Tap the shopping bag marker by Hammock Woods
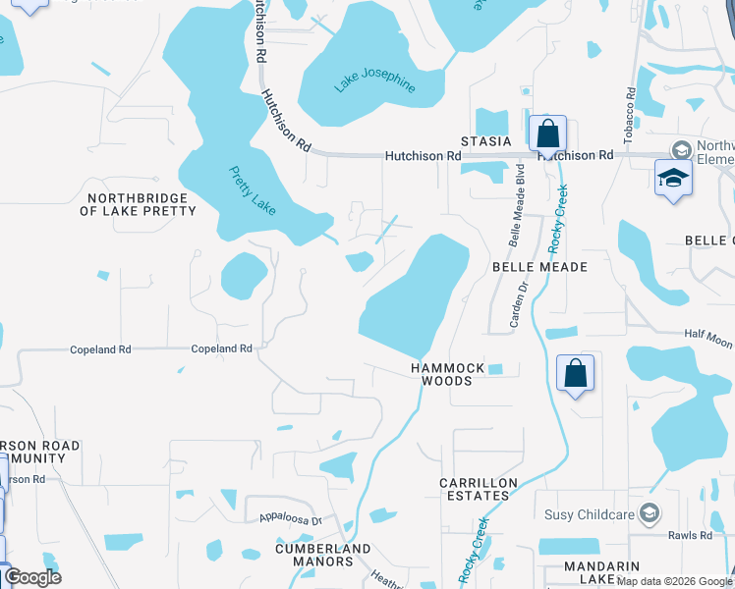(x=575, y=373)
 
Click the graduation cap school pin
(x=673, y=178)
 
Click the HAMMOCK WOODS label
(x=447, y=374)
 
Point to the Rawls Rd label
(x=694, y=535)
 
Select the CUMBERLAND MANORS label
(x=323, y=555)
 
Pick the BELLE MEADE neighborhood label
(x=538, y=267)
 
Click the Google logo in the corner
(x=32, y=577)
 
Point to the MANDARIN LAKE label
(x=602, y=573)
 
